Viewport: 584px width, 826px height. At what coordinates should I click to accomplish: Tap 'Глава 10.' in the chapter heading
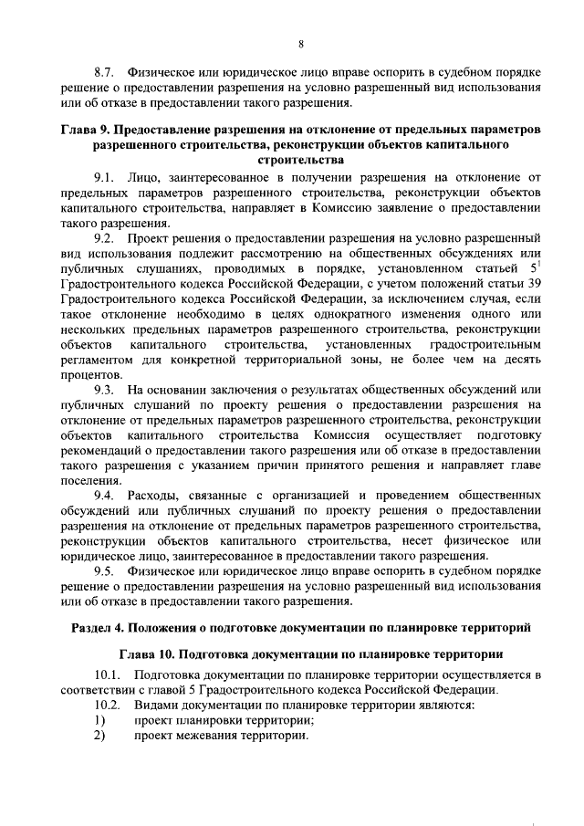pos(148,654)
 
